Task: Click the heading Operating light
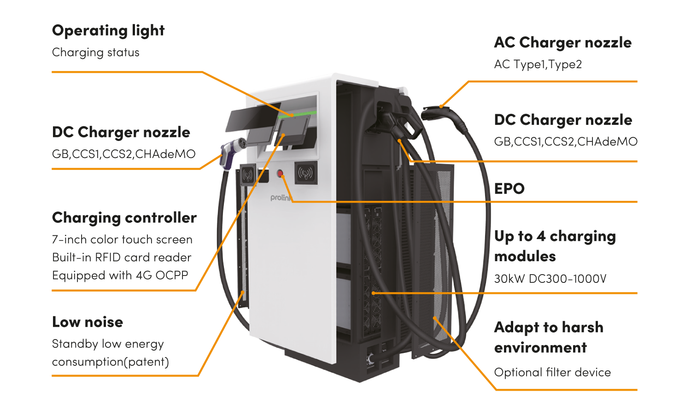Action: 108,31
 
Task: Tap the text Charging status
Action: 96,53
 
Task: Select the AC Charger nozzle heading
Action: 562,42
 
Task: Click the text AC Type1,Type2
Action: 538,64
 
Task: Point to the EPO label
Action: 509,188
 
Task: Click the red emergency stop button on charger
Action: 280,173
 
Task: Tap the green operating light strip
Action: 297,114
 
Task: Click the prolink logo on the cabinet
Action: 281,198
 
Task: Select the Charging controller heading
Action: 124,218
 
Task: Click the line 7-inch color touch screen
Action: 122,240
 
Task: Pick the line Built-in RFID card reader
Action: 122,258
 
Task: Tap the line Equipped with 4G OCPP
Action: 120,275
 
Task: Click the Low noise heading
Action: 88,322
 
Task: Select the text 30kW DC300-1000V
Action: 550,279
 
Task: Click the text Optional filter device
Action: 552,372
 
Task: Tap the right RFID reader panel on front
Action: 306,173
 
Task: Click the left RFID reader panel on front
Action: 248,175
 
